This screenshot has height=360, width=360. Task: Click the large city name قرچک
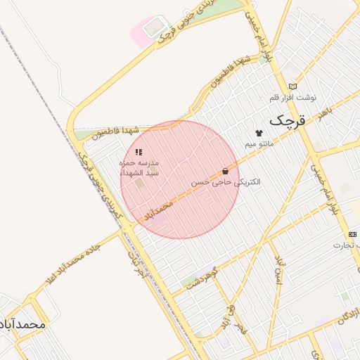[288, 120]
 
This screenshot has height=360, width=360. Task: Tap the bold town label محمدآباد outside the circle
[23, 324]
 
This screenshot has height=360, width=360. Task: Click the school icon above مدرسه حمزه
[139, 152]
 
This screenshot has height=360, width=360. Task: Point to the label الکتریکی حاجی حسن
[226, 181]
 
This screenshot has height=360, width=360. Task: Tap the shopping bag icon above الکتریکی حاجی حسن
[225, 171]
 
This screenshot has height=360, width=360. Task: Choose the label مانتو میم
[258, 143]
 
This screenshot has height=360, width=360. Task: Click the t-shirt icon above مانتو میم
[258, 133]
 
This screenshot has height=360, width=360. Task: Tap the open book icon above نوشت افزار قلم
[293, 86]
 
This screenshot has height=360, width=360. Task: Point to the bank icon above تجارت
[352, 234]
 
